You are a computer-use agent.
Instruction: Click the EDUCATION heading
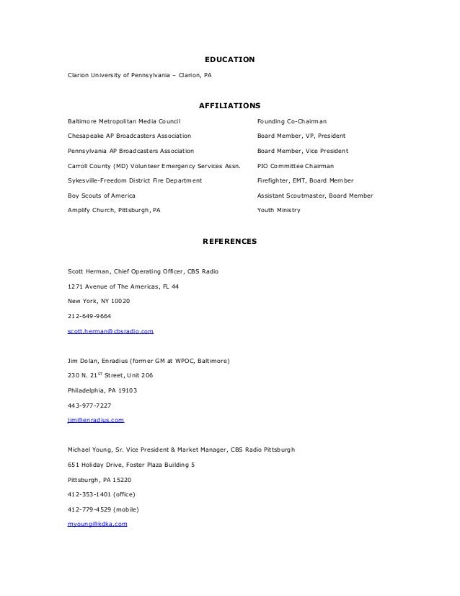point(230,58)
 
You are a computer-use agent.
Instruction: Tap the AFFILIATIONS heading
point(229,105)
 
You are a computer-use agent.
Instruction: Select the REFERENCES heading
point(229,240)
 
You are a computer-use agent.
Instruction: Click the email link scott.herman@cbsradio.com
point(110,330)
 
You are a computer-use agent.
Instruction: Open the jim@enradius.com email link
point(95,419)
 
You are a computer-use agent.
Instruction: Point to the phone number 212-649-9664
point(89,315)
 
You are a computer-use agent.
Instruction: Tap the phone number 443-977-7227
point(89,405)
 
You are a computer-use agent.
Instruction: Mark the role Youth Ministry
point(279,210)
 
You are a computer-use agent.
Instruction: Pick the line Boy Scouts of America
point(101,196)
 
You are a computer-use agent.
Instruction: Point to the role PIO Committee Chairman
point(296,165)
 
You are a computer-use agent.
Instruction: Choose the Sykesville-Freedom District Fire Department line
point(134,180)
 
